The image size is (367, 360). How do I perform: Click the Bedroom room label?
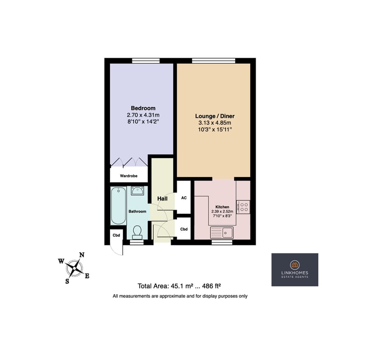click(143, 108)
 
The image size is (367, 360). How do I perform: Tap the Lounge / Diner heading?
click(215, 116)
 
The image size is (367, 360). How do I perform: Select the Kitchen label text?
click(222, 207)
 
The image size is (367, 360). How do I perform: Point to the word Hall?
click(162, 199)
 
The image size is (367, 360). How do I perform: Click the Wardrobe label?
click(129, 176)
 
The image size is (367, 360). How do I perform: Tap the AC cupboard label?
click(184, 198)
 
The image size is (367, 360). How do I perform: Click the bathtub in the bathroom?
click(119, 206)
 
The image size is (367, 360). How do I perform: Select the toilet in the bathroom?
click(137, 232)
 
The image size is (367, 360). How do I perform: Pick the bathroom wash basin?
click(137, 191)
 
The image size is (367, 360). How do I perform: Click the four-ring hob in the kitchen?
click(243, 207)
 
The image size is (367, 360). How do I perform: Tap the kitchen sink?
click(221, 233)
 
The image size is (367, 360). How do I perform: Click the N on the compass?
click(82, 255)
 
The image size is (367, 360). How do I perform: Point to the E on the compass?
click(87, 276)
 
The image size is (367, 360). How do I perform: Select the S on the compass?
click(67, 281)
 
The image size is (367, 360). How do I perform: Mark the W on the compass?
click(61, 261)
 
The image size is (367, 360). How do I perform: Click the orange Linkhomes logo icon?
click(295, 265)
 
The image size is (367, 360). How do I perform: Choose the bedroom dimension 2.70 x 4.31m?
click(143, 115)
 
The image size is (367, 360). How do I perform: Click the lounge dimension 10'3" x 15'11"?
click(215, 129)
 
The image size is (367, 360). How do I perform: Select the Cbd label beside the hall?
click(184, 229)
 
